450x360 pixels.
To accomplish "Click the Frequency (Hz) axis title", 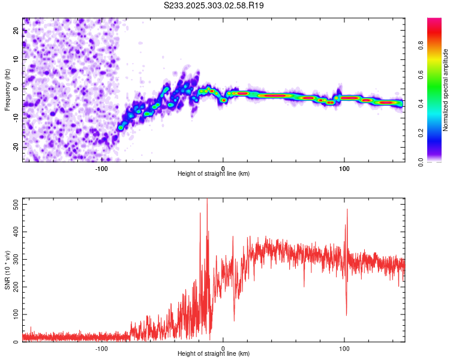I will [7, 90].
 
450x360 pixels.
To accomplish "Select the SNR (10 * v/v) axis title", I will [7, 270].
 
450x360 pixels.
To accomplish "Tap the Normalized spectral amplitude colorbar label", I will [446, 90].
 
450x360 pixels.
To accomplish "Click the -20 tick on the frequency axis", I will [16, 147].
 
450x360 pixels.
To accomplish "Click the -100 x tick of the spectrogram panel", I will [101, 169].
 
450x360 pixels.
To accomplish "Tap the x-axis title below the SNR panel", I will [214, 354].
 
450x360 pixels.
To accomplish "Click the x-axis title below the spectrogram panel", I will [214, 174].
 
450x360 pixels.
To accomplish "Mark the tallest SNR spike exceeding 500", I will [207, 200].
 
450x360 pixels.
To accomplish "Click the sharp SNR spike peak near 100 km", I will [347, 209].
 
